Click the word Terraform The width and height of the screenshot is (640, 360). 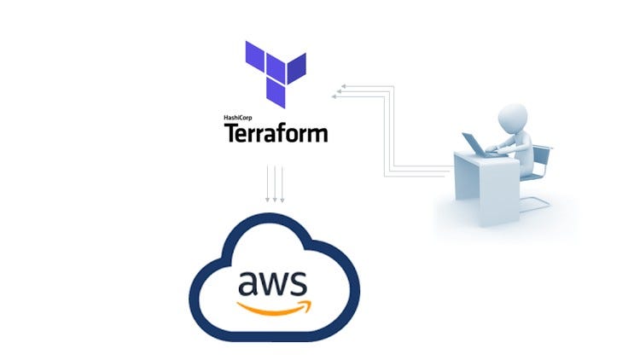coord(275,133)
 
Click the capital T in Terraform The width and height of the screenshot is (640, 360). coord(231,133)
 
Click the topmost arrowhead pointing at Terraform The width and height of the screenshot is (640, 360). coord(341,86)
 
